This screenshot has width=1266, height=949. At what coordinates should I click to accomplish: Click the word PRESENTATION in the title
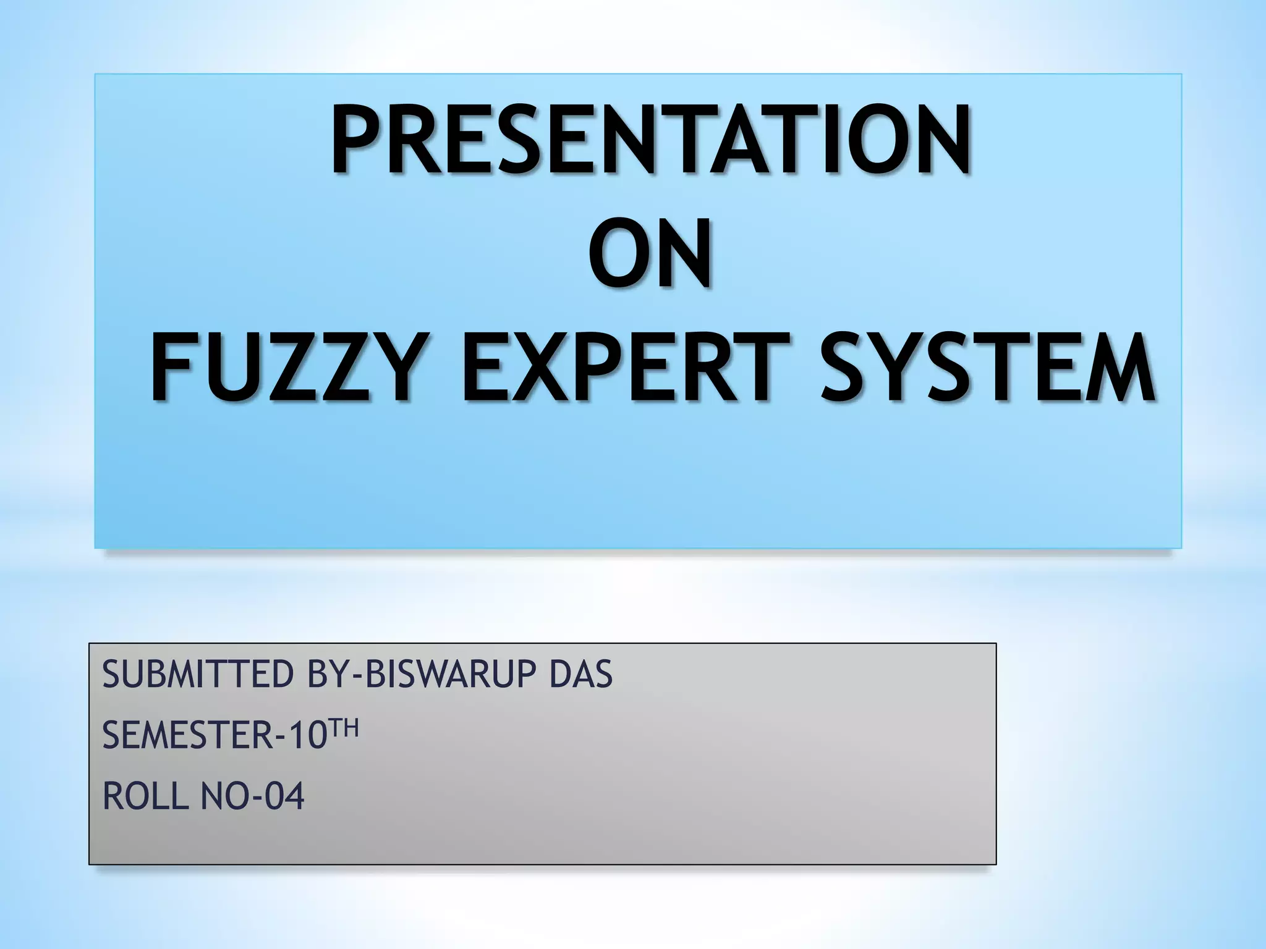click(x=650, y=141)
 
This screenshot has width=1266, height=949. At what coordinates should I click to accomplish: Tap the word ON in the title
click(x=649, y=256)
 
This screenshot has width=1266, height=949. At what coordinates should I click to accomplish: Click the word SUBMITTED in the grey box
click(x=198, y=674)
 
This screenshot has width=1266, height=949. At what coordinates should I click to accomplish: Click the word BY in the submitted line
click(x=328, y=674)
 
